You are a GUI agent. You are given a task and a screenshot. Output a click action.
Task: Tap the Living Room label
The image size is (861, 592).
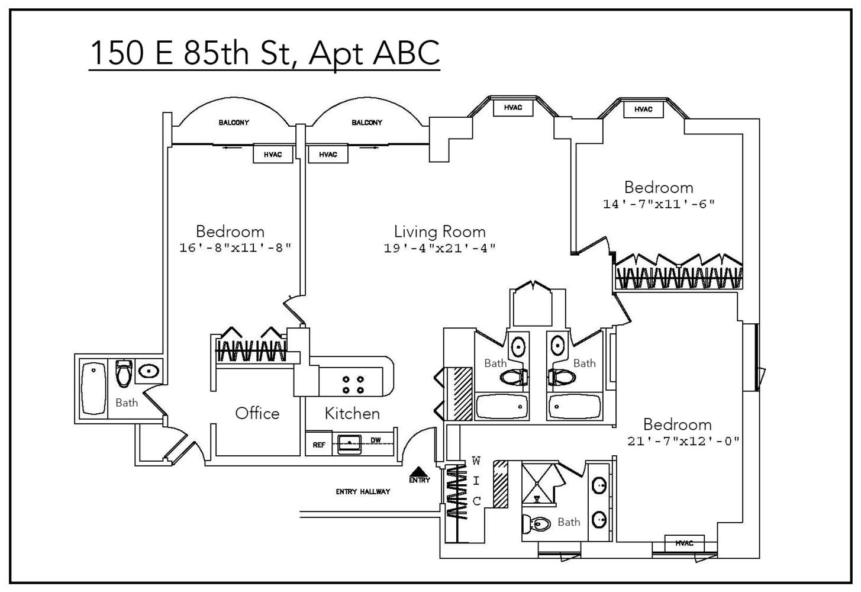(440, 231)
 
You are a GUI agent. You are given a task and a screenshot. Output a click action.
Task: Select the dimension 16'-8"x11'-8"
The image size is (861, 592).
(235, 247)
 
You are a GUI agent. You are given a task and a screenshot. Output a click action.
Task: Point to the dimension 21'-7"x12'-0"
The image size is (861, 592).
(683, 441)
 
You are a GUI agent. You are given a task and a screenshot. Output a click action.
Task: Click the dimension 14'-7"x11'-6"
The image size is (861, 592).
(659, 204)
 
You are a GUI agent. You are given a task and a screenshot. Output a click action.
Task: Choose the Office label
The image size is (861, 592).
(257, 413)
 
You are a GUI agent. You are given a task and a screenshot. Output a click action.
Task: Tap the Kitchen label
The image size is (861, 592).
(352, 413)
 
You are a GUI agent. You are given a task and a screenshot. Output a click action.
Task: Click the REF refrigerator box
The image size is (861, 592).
(319, 445)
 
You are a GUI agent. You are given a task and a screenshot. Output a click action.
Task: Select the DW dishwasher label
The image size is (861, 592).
(375, 440)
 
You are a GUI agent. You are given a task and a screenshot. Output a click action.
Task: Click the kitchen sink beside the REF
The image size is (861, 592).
(349, 443)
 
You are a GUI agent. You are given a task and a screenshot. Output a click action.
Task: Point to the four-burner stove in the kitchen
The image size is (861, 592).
(353, 385)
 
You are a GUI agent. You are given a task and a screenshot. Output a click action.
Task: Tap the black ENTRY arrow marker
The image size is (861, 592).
(419, 471)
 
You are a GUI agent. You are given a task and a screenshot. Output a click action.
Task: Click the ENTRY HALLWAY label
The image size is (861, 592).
(363, 491)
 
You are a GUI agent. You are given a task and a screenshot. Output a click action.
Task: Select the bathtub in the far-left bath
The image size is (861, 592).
(93, 388)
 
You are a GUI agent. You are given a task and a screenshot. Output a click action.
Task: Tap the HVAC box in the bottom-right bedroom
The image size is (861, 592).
(683, 543)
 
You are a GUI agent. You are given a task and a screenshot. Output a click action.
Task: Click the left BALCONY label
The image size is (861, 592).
(234, 123)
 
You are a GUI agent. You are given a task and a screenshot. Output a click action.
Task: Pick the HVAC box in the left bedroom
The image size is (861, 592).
(272, 155)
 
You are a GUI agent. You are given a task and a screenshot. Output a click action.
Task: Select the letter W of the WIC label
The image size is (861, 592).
(476, 461)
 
